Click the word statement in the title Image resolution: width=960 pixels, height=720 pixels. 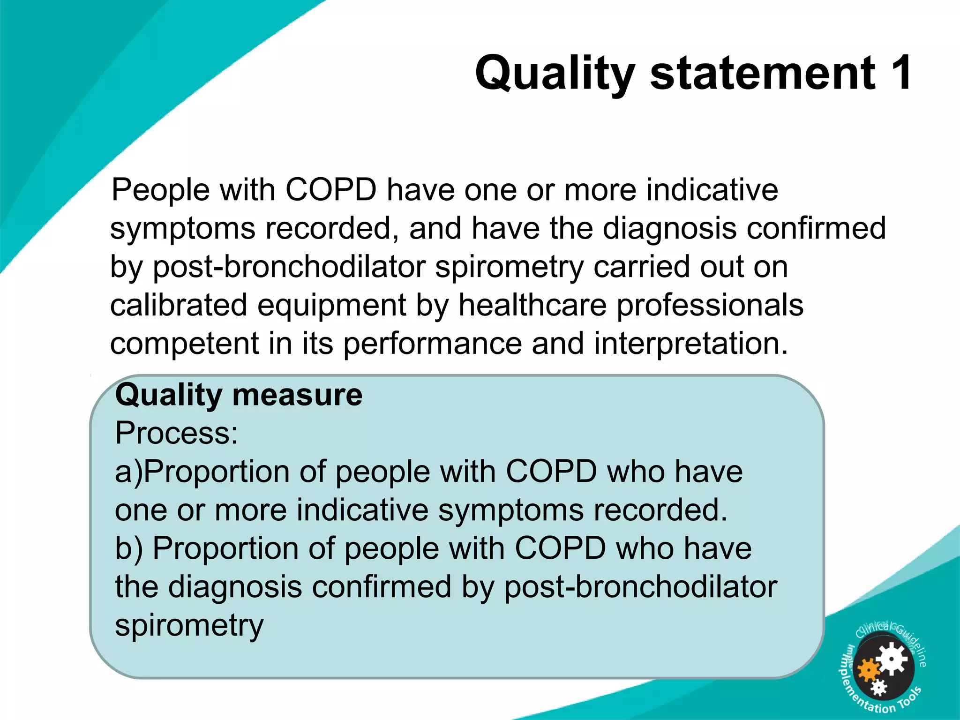coord(762,73)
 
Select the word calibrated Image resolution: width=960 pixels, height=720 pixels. coord(178,305)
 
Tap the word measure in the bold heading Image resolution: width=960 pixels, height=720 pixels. coord(297,395)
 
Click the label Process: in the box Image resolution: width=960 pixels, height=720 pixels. coord(177,433)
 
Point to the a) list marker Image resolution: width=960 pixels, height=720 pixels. coord(128,472)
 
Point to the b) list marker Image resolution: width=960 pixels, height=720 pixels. coord(129,548)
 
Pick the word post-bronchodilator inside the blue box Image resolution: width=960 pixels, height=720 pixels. coord(640,587)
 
